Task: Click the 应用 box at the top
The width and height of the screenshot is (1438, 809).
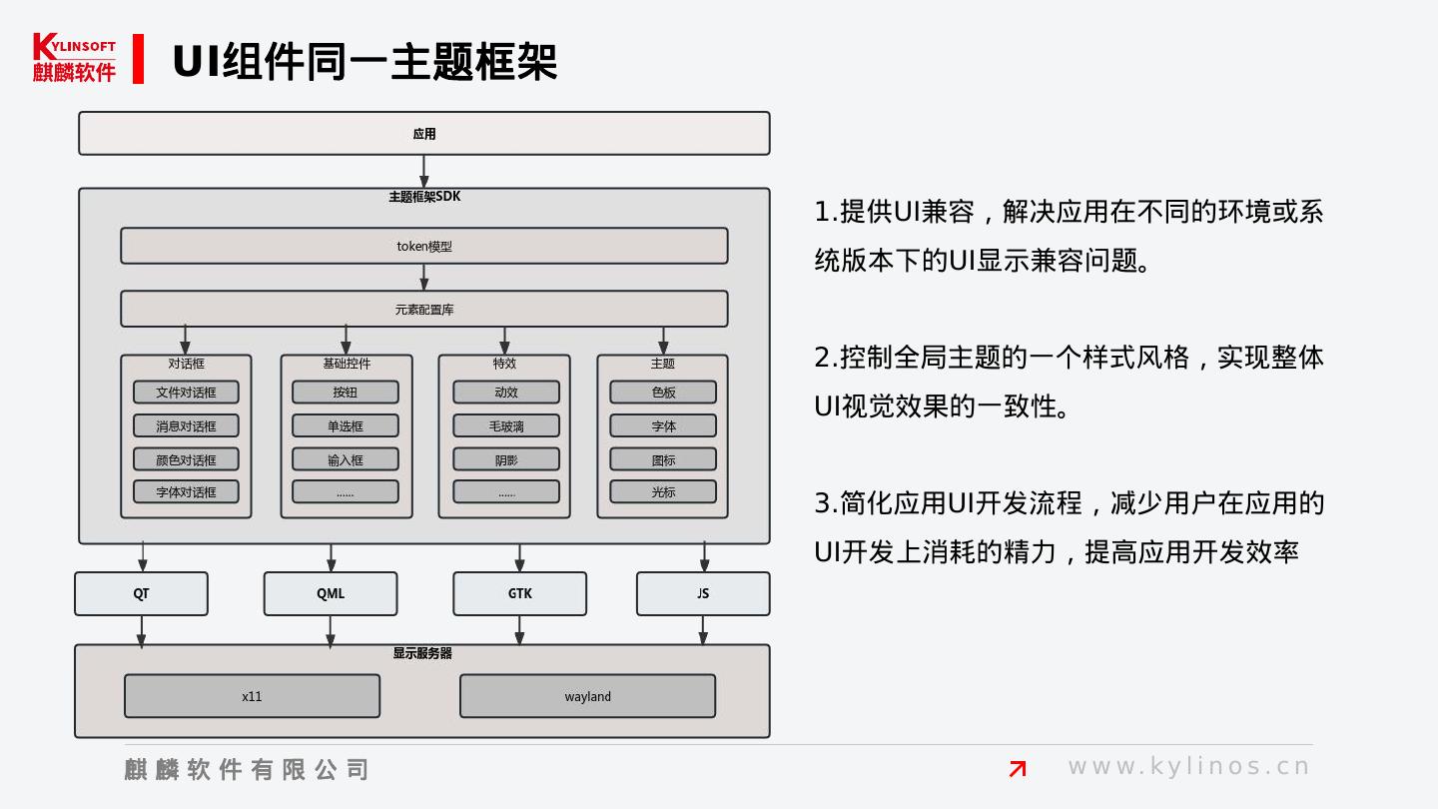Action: tap(423, 134)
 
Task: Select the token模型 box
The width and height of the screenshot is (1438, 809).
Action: tap(423, 246)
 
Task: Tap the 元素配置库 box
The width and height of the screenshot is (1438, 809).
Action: tap(423, 310)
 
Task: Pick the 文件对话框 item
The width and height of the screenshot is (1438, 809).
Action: tap(186, 393)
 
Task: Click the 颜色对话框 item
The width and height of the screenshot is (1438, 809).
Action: tap(186, 459)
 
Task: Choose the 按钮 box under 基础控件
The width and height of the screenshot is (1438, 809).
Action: tap(345, 393)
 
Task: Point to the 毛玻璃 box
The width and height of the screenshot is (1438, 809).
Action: tap(506, 426)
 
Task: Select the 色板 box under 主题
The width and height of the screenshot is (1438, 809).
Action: tap(663, 393)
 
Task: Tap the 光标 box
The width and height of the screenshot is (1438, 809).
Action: tap(663, 491)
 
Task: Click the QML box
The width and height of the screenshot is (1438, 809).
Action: tap(331, 593)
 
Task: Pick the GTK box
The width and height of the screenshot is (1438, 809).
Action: tap(519, 593)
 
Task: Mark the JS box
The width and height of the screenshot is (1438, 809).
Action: tap(703, 593)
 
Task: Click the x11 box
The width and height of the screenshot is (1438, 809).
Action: tap(252, 696)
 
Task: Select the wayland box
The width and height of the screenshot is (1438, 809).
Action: tap(587, 696)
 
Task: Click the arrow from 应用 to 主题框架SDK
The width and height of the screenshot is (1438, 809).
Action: tap(424, 172)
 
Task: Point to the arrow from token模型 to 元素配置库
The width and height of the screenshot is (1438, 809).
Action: tap(424, 278)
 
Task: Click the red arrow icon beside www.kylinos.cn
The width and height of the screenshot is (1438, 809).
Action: tap(1018, 768)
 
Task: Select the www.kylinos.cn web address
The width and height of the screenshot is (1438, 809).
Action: tap(1188, 767)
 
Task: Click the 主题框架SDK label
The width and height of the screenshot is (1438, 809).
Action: tap(424, 197)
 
